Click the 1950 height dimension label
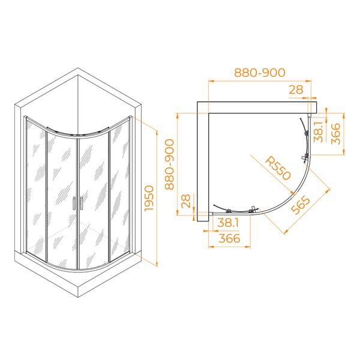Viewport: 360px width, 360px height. click(x=149, y=198)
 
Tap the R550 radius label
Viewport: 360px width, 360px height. click(x=278, y=169)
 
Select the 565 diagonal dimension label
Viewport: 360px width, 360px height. click(x=301, y=205)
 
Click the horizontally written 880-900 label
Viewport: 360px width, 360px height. click(x=259, y=73)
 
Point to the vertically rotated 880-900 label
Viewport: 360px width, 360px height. click(x=170, y=164)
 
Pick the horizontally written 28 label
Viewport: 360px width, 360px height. click(x=296, y=90)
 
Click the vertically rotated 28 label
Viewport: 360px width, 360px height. click(x=186, y=201)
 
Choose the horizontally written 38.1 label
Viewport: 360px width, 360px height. click(x=228, y=223)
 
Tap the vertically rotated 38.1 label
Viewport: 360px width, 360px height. click(x=319, y=131)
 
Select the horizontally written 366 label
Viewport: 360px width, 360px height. click(x=229, y=238)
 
